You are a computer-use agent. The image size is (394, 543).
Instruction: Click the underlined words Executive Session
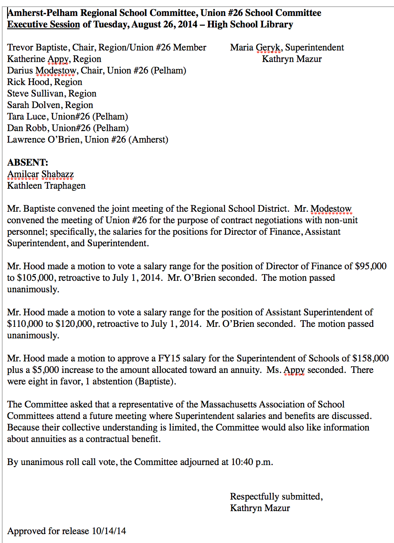[x=43, y=24]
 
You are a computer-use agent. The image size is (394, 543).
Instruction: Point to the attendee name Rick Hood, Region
[x=45, y=82]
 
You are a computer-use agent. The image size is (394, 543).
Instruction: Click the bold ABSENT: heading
[x=28, y=163]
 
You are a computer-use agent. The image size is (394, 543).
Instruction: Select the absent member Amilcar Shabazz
[x=40, y=174]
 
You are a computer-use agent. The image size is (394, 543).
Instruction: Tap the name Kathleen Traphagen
[x=46, y=186]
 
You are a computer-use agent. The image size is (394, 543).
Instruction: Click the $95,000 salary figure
[x=371, y=266]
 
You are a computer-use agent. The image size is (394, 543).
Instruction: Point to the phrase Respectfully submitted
[x=276, y=496]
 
